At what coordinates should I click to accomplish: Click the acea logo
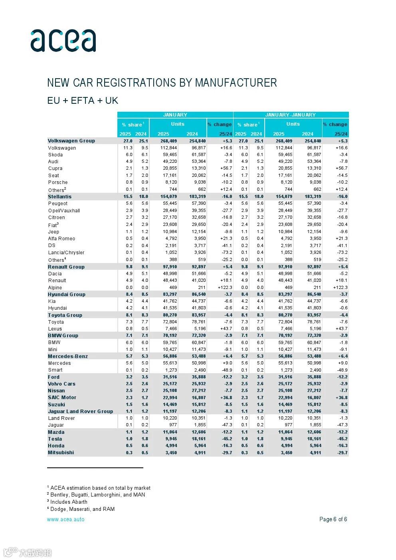coord(63,40)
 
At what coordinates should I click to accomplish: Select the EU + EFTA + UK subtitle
coord(83,101)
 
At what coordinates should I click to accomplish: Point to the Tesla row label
coord(55,439)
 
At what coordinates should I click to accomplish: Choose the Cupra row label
coord(55,168)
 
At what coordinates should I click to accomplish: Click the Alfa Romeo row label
coord(61,239)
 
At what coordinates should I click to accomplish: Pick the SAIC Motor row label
coord(62,398)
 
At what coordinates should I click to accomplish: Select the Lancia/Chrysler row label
coord(66,253)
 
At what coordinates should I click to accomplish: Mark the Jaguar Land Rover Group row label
coord(80,412)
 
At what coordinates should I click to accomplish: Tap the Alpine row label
coord(55,288)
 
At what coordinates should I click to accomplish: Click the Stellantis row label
coord(59,197)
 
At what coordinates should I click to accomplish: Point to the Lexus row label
coord(55,329)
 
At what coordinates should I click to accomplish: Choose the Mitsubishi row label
coord(61,453)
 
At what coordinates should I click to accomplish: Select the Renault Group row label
coord(66,267)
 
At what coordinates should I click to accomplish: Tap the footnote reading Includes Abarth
coord(69,502)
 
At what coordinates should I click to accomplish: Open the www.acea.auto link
coord(65,519)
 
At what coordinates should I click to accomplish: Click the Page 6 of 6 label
coord(333,519)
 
